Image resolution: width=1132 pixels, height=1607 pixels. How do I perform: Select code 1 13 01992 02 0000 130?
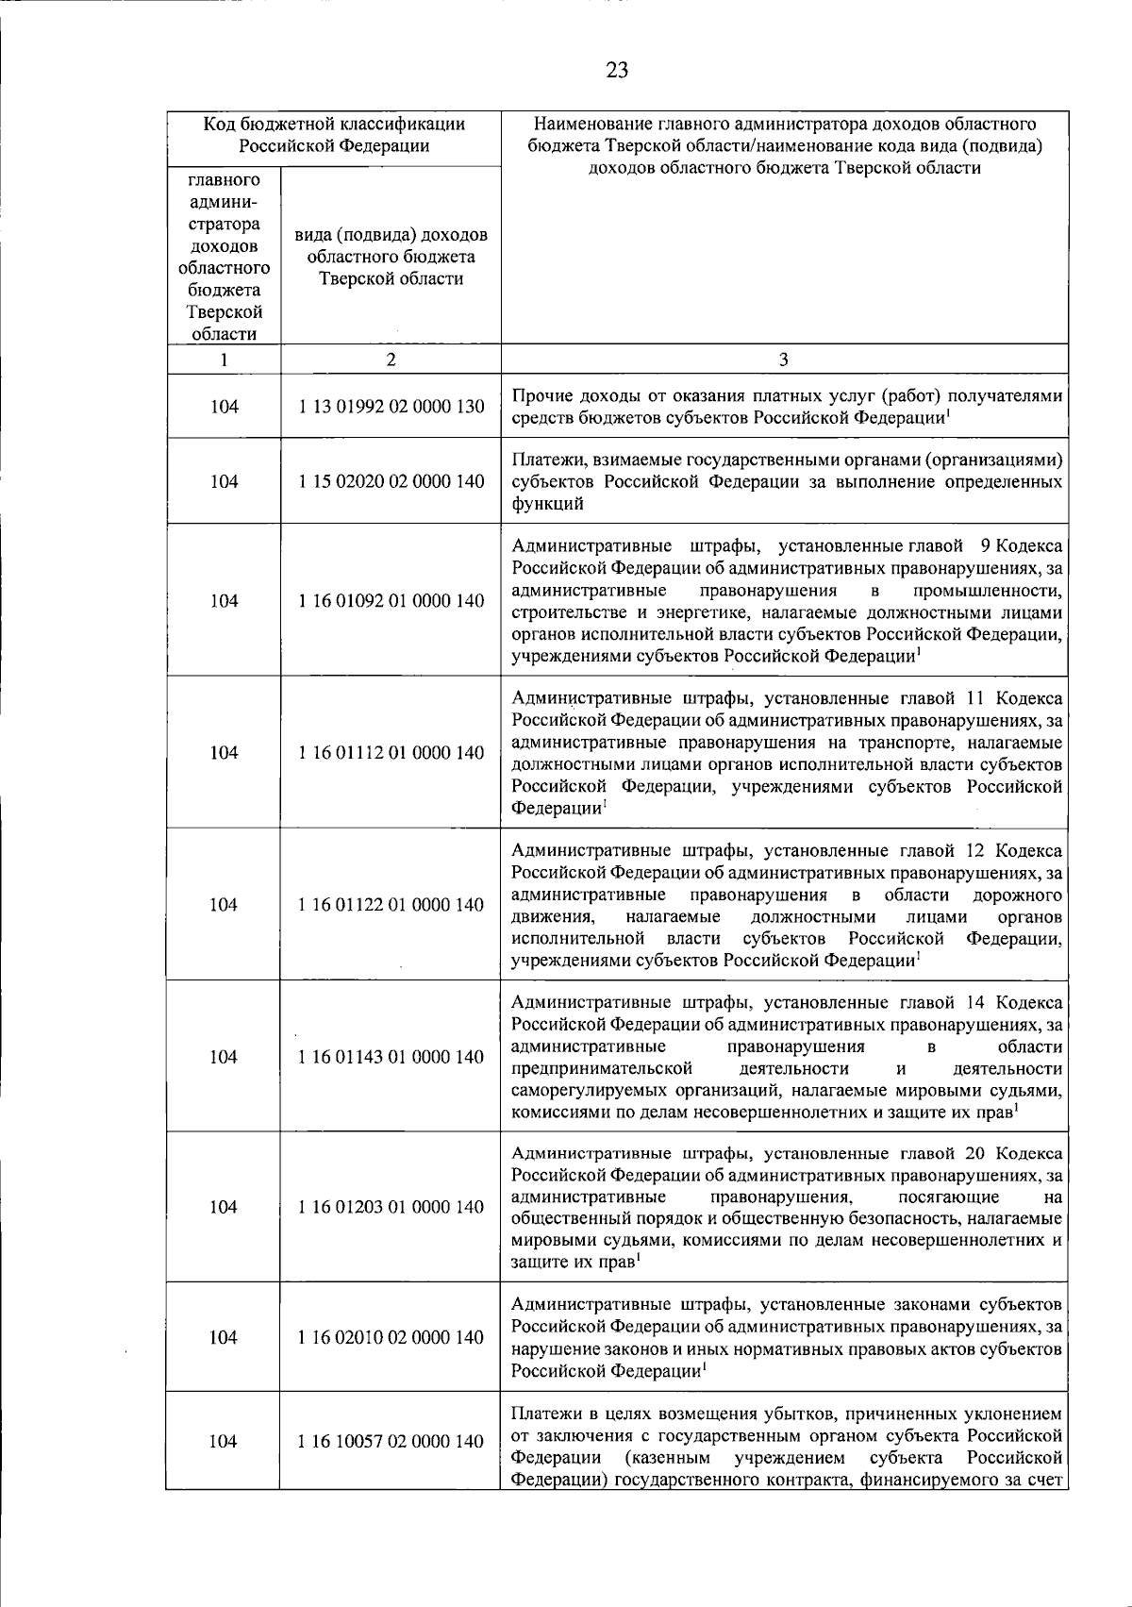391,407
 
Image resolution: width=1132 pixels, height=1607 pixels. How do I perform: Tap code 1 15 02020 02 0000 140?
391,481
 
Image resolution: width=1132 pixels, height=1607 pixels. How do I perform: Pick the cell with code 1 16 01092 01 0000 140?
391,601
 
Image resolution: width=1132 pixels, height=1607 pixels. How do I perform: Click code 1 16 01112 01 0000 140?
391,753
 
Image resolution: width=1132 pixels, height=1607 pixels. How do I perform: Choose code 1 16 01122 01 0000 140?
391,905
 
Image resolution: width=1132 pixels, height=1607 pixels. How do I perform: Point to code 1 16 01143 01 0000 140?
391,1057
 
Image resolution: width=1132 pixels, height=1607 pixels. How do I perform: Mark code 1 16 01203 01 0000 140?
391,1207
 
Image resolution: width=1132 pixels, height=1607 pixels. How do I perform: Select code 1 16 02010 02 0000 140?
391,1337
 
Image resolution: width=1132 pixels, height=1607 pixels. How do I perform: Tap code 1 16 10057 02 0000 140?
391,1441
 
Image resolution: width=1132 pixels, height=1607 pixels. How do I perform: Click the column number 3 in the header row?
784,360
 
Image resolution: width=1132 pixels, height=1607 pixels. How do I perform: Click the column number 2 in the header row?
391,360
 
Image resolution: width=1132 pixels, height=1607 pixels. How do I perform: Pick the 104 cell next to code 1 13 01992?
224,407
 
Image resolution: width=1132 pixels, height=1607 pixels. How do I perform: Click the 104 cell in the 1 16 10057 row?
224,1441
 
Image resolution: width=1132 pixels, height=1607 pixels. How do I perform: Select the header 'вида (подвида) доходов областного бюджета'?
391,257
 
